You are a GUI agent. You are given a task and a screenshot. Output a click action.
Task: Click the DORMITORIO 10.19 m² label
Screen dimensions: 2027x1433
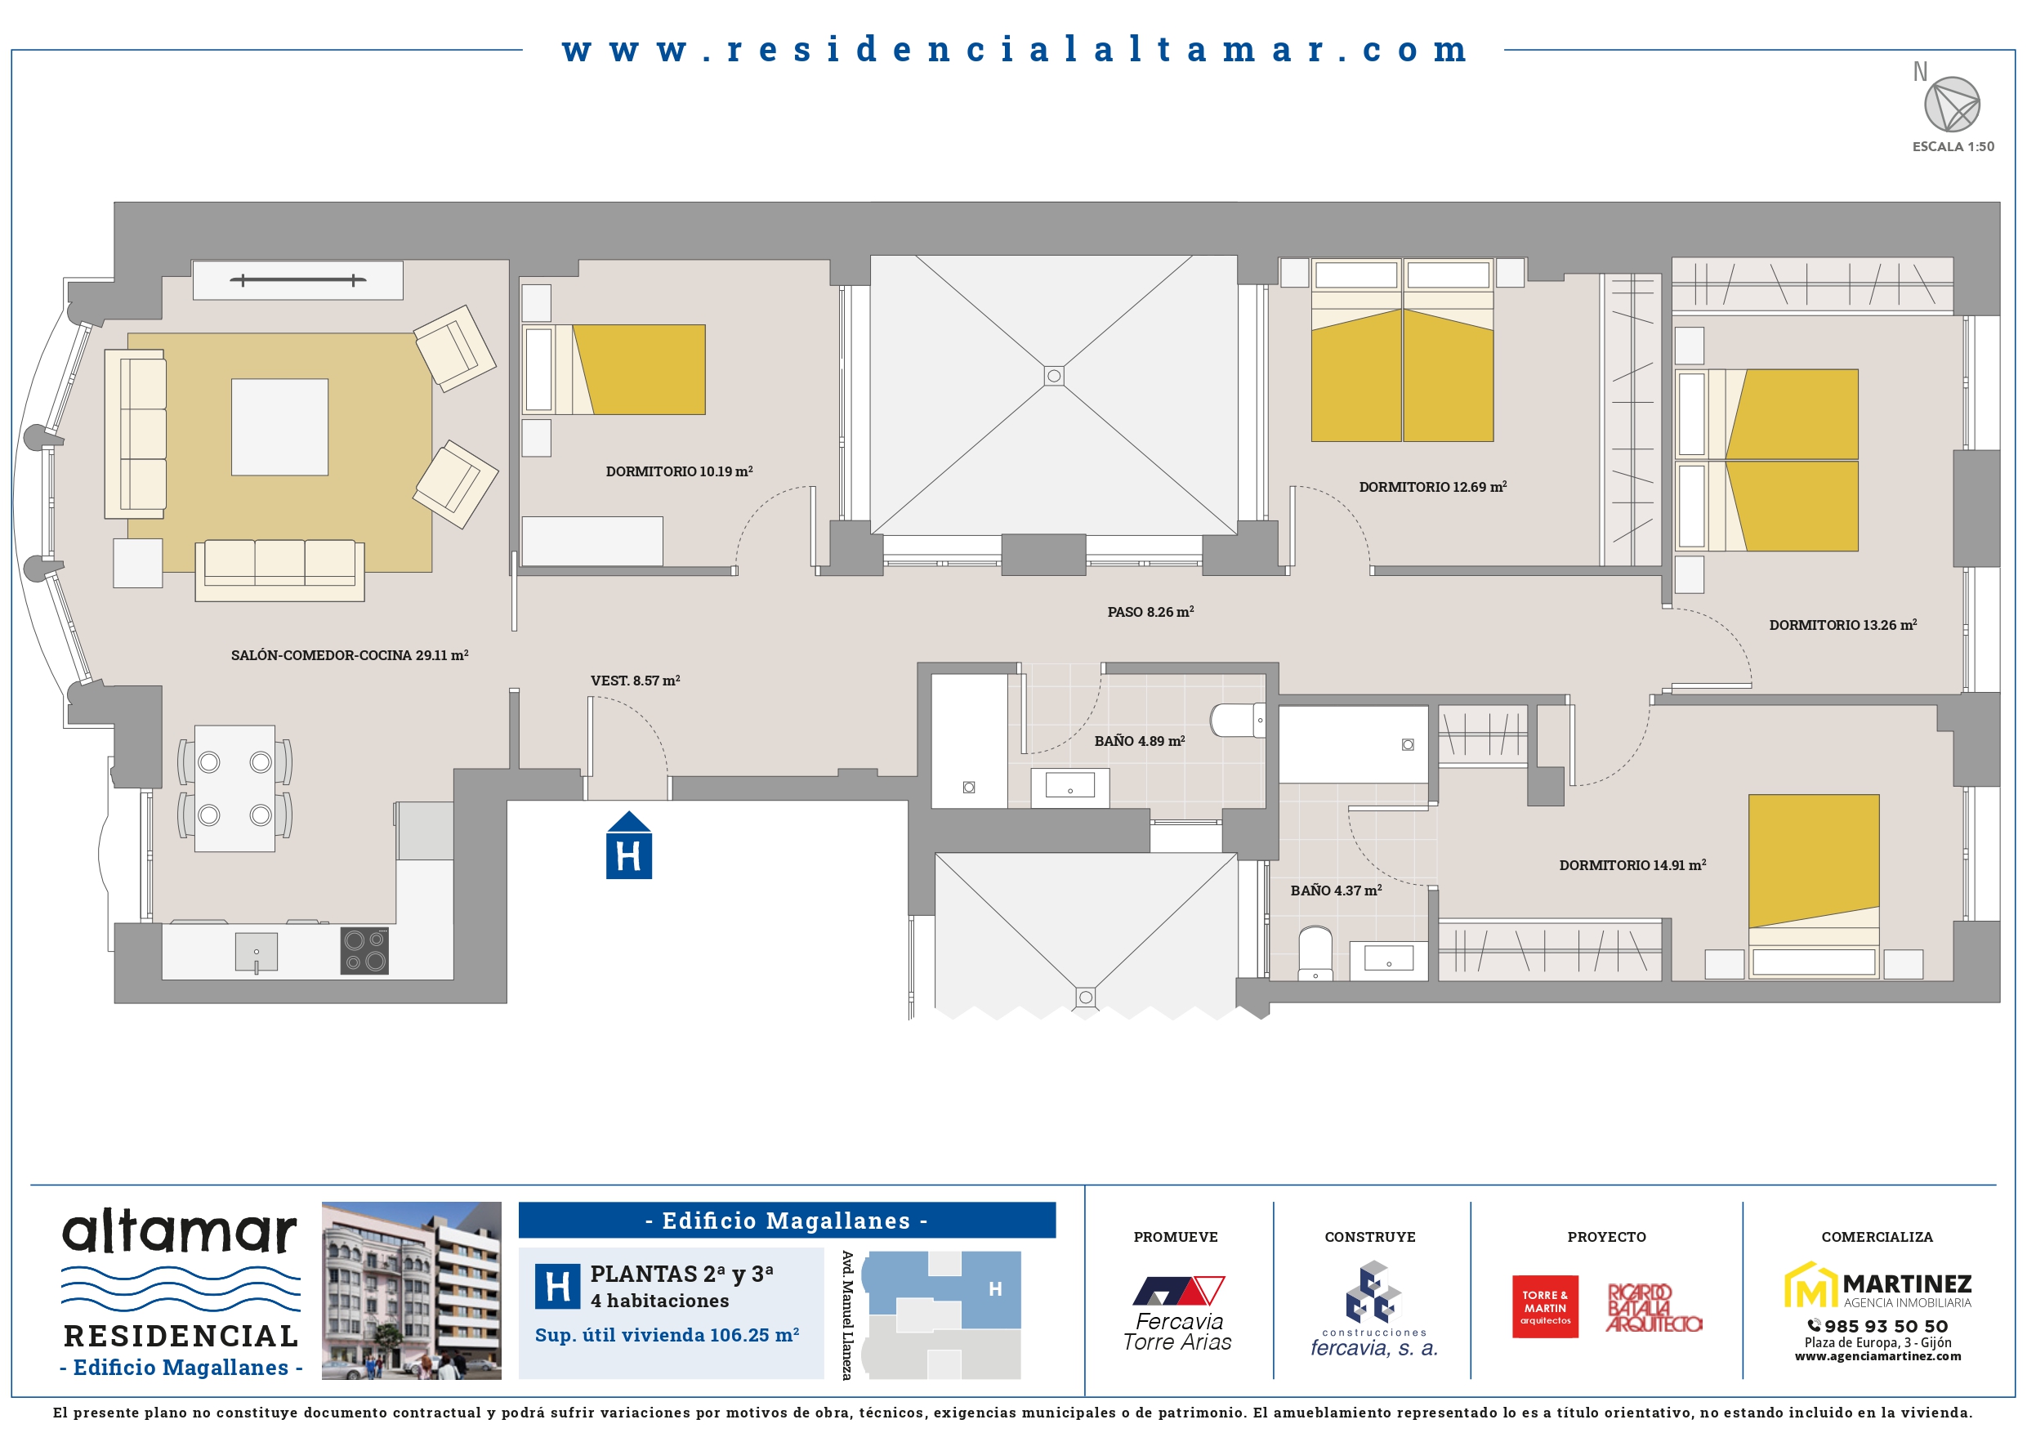(x=679, y=471)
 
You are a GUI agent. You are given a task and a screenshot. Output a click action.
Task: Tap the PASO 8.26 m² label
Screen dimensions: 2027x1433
(x=1150, y=612)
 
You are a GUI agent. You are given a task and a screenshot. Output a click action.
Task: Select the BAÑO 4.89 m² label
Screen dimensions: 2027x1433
(x=1139, y=741)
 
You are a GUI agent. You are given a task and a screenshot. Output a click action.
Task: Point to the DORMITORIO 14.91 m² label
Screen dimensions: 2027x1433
(x=1632, y=865)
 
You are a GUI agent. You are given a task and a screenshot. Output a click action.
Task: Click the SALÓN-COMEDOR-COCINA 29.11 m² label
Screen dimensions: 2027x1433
(x=350, y=655)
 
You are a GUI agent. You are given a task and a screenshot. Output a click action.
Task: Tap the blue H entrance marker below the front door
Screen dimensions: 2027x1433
(x=628, y=845)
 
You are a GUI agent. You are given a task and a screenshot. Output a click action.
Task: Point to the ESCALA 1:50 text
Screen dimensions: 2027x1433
(x=1953, y=146)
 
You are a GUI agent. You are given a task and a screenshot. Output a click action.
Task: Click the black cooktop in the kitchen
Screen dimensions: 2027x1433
(x=364, y=951)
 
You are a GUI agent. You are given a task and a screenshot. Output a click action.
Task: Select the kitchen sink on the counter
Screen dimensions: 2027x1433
(x=256, y=952)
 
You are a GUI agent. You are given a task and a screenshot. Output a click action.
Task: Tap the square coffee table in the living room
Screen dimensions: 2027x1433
(x=280, y=427)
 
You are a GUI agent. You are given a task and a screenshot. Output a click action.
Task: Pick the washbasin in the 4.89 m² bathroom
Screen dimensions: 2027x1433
(x=1070, y=785)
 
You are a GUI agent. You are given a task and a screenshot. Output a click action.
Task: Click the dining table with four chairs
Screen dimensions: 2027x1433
(x=234, y=788)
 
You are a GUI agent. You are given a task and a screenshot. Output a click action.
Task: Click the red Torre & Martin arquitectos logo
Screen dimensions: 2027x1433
(x=1545, y=1306)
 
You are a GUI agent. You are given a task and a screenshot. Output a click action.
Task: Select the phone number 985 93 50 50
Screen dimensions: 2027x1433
(x=1877, y=1326)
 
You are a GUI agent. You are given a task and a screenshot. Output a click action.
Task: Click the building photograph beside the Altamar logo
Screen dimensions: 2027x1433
(x=412, y=1291)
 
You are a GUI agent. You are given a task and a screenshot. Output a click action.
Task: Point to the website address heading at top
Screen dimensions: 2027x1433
(x=1015, y=50)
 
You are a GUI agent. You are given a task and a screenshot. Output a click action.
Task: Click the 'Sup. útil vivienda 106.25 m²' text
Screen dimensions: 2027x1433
(x=667, y=1335)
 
